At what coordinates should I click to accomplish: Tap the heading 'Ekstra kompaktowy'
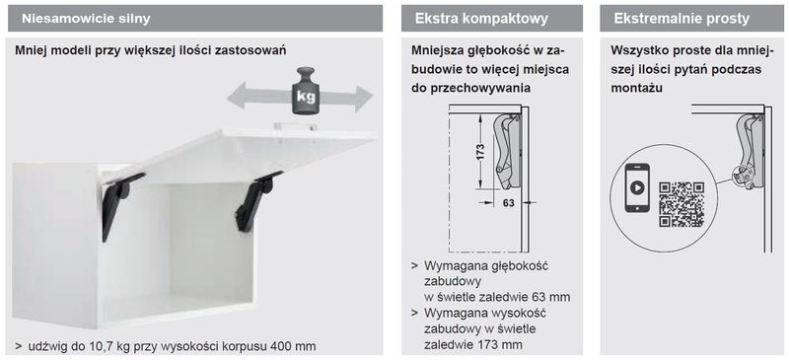click(479, 19)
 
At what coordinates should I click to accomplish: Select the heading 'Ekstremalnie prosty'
click(681, 19)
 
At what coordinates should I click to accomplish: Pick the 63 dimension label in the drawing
click(509, 203)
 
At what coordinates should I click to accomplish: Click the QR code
click(681, 203)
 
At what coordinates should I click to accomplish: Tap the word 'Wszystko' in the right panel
click(640, 50)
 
